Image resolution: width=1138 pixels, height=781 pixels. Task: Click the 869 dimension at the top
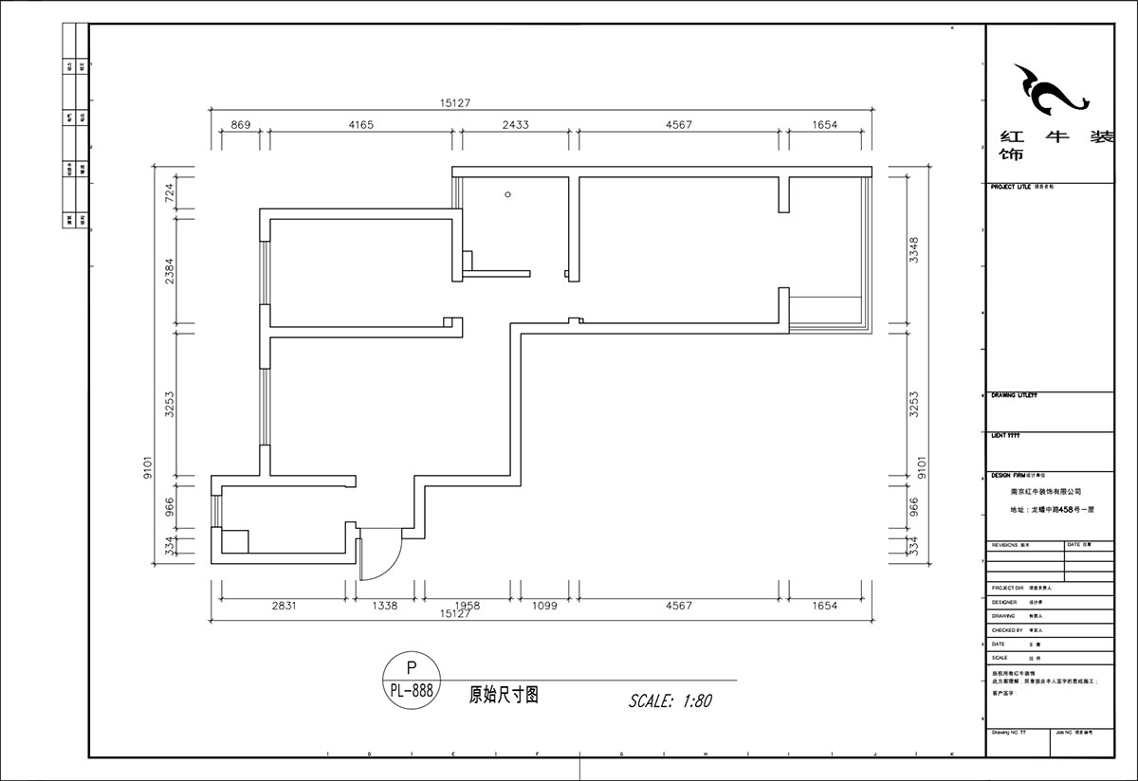pyautogui.click(x=241, y=124)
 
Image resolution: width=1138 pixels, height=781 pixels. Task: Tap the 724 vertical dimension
pyautogui.click(x=170, y=193)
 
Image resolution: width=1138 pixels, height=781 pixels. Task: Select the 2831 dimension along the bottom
pyautogui.click(x=284, y=605)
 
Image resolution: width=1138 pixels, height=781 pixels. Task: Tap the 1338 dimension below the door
pyautogui.click(x=384, y=605)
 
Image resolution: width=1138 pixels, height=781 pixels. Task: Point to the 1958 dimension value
pyautogui.click(x=467, y=605)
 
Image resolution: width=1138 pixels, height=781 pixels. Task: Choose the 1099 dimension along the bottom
pyautogui.click(x=541, y=605)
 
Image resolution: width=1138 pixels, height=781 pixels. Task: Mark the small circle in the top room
pyautogui.click(x=509, y=194)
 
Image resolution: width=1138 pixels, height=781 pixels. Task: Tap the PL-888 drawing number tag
pyautogui.click(x=411, y=691)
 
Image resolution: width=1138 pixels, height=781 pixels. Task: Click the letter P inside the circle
pyautogui.click(x=411, y=667)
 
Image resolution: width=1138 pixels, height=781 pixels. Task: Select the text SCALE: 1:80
pyautogui.click(x=670, y=701)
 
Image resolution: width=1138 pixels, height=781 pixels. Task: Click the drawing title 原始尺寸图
pyautogui.click(x=504, y=694)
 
